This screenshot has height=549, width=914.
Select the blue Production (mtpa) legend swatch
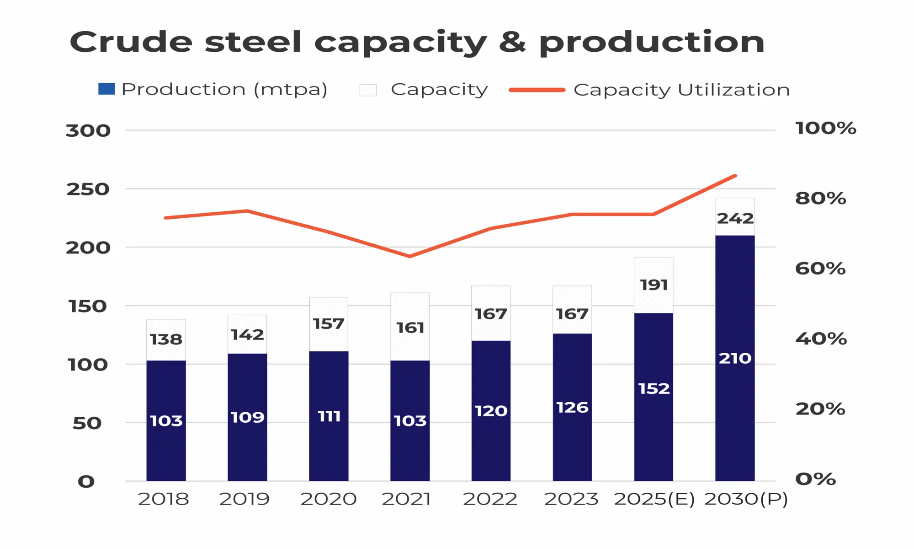[106, 89]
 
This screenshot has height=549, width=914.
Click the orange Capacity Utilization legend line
[537, 90]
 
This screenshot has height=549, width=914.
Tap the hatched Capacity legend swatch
[368, 90]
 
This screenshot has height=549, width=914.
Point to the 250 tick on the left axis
[88, 189]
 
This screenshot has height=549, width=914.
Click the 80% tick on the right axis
[820, 198]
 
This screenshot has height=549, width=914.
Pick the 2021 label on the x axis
[406, 499]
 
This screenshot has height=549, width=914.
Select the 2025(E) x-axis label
[654, 499]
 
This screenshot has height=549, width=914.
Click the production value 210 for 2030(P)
[735, 358]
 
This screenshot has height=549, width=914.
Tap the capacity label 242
[735, 218]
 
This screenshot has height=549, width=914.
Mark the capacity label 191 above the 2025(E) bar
[654, 285]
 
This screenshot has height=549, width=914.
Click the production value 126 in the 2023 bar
[572, 407]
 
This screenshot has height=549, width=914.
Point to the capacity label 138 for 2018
[166, 339]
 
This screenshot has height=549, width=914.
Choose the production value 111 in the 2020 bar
[329, 416]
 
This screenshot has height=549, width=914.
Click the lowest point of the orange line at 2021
[410, 256]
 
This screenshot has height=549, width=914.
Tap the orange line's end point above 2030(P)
[735, 176]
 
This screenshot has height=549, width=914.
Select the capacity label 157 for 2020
[329, 324]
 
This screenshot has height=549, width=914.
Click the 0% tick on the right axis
[815, 479]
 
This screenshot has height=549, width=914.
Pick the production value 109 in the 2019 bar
[247, 417]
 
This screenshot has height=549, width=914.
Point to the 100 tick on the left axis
[88, 365]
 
